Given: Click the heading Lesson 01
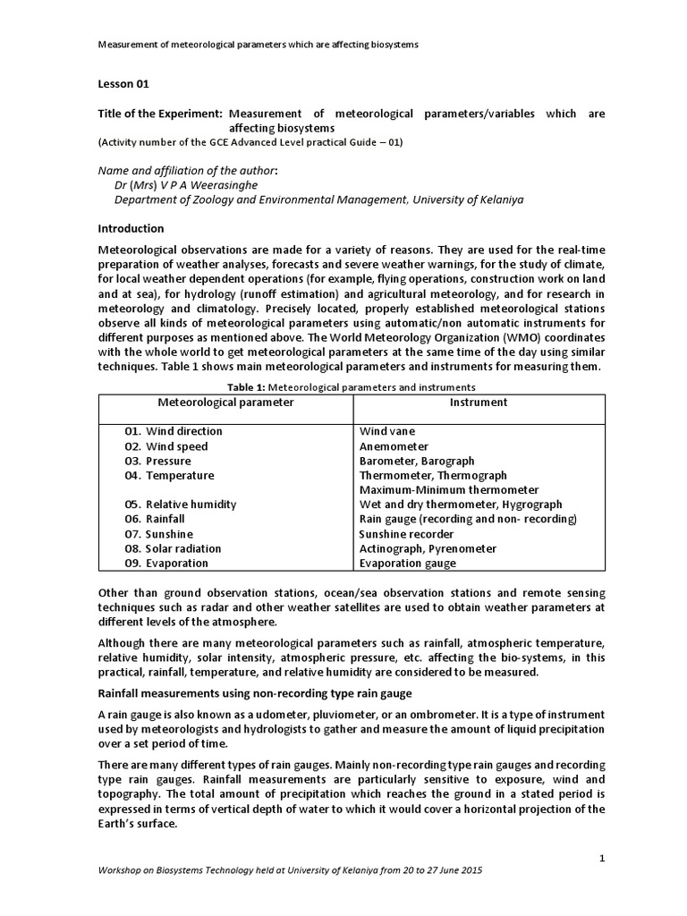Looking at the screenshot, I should point(123,84).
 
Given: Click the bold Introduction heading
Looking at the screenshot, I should point(131,228).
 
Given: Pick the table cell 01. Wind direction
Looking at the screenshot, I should point(174,431).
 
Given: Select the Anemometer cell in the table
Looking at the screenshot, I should point(394,446).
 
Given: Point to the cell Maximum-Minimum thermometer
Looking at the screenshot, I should point(448,490).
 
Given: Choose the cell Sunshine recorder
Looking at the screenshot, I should point(406,534).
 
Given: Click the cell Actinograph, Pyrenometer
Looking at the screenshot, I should point(427,548).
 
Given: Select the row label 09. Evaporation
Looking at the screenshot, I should point(166,564).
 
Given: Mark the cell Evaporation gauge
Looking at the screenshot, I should point(407,564).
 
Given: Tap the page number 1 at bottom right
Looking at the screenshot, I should point(603,858).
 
